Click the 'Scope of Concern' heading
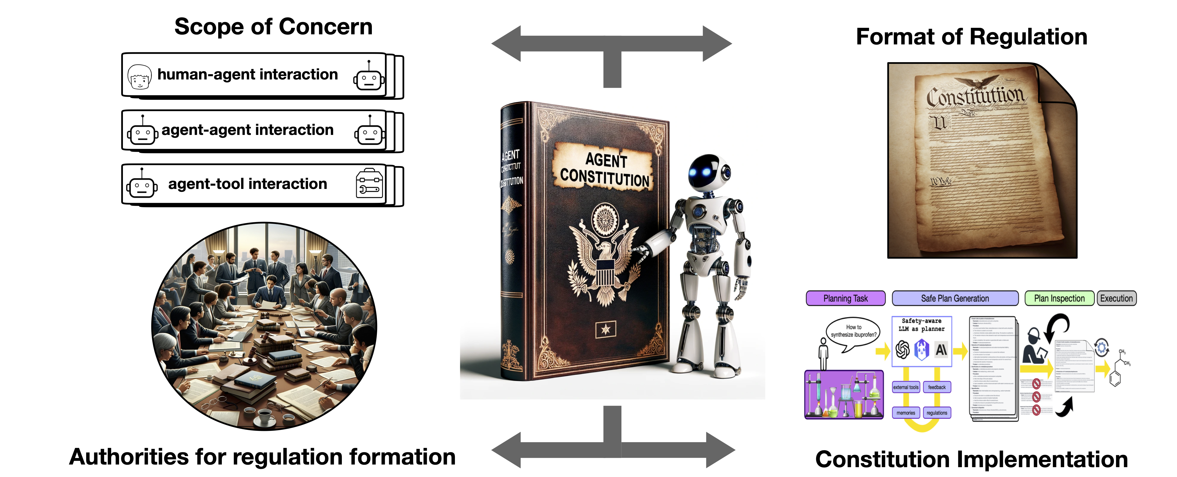(x=273, y=26)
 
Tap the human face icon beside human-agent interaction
(x=139, y=76)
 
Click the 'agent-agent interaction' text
(x=247, y=130)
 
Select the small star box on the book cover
(x=606, y=329)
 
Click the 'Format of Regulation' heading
(x=971, y=36)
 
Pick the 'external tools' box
(x=905, y=387)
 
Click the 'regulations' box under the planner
(x=937, y=413)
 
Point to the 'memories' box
(x=905, y=413)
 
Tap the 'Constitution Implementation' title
(x=971, y=459)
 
